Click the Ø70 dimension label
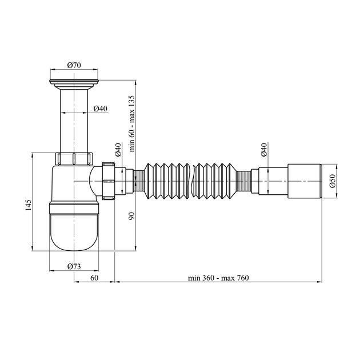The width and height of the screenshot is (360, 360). coord(74,65)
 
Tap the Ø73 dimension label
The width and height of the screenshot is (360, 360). coord(74,266)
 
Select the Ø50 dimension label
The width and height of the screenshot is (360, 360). coord(333,181)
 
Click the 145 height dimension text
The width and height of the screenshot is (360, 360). coord(28,205)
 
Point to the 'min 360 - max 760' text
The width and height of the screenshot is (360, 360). coord(218,278)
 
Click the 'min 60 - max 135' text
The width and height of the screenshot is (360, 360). coord(132,123)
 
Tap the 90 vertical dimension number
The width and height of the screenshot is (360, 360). coord(132,216)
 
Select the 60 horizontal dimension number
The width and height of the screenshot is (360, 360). coord(94,278)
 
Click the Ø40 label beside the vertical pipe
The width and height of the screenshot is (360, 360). coord(101,109)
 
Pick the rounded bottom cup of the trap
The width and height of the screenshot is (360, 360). coord(74,232)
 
